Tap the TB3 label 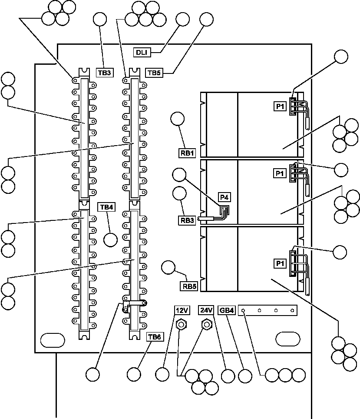tap(105, 73)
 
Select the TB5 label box tap(154, 73)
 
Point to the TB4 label tap(106, 207)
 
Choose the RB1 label tap(188, 153)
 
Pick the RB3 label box tap(188, 220)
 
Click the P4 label tap(224, 197)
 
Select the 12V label tap(182, 310)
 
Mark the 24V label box tap(206, 310)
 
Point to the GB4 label tap(226, 310)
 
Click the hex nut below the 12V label tap(181, 324)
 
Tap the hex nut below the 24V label tap(207, 324)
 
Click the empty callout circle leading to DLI tap(183, 20)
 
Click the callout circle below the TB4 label tap(111, 239)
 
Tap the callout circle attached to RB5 tap(168, 268)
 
